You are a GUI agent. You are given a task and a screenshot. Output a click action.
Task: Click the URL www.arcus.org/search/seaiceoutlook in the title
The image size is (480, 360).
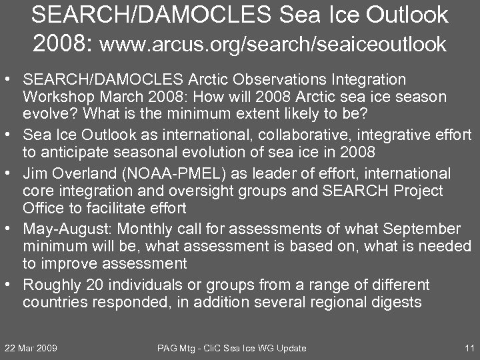273,44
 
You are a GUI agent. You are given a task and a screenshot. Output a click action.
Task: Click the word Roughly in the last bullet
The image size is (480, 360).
49,285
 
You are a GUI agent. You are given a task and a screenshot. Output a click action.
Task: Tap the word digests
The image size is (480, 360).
397,302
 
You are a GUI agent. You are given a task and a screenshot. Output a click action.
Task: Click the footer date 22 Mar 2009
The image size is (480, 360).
31,348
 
